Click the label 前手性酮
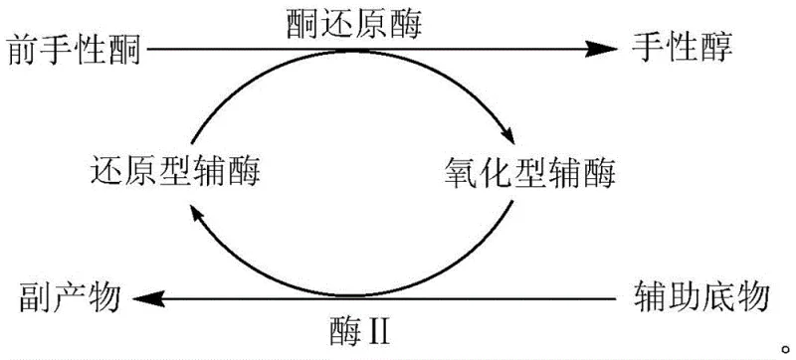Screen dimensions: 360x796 [x=74, y=47]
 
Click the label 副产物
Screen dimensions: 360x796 [x=70, y=295]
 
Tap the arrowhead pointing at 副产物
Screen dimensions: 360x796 [x=150, y=296]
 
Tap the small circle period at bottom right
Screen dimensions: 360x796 [x=784, y=341]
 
